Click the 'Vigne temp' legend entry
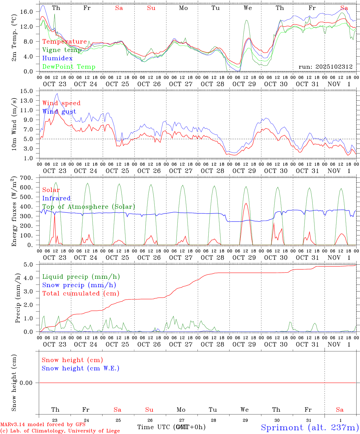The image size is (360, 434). click(62, 50)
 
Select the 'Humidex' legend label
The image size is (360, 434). click(57, 58)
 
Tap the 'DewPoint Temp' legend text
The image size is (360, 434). click(69, 67)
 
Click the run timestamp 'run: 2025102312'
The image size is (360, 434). click(325, 67)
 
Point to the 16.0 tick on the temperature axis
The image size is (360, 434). click(27, 12)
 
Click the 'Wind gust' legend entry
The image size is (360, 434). click(59, 112)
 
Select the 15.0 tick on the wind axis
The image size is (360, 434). click(27, 91)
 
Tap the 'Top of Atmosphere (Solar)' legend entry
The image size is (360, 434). click(88, 207)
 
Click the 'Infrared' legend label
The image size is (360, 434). click(56, 198)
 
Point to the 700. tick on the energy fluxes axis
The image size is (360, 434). click(26, 178)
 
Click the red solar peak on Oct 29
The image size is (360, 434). click(246, 203)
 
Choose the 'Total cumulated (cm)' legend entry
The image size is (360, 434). click(81, 294)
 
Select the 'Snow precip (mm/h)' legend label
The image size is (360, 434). click(79, 285)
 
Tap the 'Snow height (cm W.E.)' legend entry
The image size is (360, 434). click(81, 368)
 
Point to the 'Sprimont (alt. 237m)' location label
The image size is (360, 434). click(310, 427)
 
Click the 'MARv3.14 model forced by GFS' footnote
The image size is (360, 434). click(43, 425)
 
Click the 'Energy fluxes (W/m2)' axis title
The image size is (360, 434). click(14, 212)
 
